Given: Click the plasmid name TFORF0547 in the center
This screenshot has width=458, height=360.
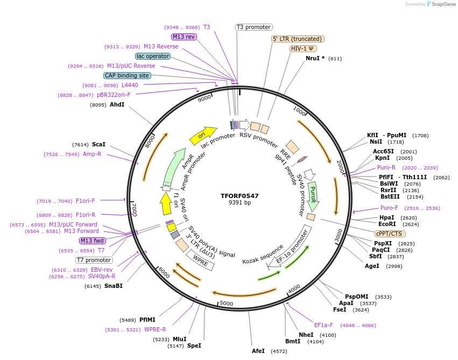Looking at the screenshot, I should tap(239, 196).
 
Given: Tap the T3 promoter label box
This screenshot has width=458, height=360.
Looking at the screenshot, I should tap(254, 27).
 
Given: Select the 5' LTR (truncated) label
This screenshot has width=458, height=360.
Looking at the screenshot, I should tap(298, 39).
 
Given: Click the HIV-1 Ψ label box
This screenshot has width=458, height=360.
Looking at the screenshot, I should tap(303, 48).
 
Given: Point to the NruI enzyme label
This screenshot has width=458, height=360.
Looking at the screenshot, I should tap(315, 58).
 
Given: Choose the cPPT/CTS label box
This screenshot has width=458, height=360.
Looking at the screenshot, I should tap(390, 234).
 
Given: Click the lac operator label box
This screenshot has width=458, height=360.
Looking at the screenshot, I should tap(153, 56).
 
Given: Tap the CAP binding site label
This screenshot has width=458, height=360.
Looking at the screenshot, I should tap(127, 76).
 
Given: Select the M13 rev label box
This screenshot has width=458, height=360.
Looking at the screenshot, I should tap(184, 37).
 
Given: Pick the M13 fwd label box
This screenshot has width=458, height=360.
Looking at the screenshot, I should tap(92, 241).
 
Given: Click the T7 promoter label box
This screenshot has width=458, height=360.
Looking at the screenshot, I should tap(94, 260).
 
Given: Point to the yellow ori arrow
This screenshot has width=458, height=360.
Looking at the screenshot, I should tap(202, 135).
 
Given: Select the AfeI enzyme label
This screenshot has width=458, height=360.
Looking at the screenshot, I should tap(258, 351).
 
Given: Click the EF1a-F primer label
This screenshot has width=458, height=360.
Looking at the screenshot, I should tap(324, 325).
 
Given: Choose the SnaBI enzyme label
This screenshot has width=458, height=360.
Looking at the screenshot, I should tap(113, 286).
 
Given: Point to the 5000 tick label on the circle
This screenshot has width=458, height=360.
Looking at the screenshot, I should tap(226, 303).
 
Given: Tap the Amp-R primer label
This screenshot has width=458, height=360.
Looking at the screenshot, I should tap(92, 154).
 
